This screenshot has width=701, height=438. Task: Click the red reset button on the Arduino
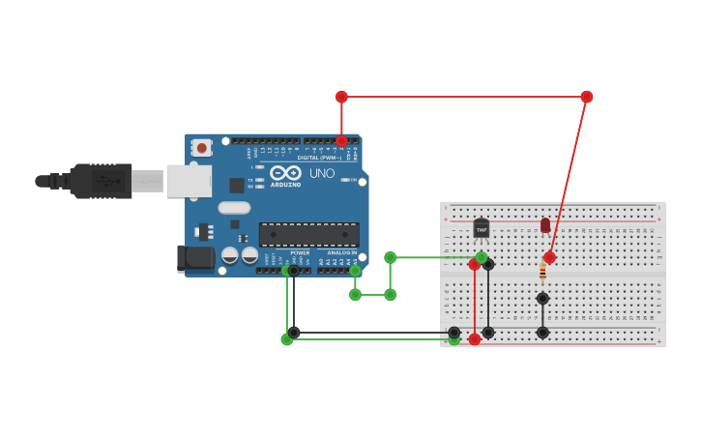tap(201, 148)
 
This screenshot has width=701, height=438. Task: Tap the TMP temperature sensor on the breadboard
tap(482, 229)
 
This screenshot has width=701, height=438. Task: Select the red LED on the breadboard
tap(545, 225)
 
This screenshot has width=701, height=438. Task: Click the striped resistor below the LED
tap(542, 273)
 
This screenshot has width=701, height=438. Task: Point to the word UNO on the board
tap(322, 173)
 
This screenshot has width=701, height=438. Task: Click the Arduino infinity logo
tap(285, 172)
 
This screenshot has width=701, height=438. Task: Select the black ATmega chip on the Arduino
tap(308, 234)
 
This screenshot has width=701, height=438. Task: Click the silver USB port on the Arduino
tap(189, 181)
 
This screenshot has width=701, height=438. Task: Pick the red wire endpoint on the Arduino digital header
tap(341, 141)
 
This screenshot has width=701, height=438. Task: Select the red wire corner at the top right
tap(587, 97)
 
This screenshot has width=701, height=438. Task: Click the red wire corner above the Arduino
tap(341, 97)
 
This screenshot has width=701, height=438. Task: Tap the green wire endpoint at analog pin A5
tap(356, 271)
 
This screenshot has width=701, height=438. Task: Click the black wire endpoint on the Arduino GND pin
tap(294, 271)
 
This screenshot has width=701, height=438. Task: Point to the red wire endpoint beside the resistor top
tap(549, 257)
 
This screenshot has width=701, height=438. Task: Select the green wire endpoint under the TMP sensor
tap(482, 257)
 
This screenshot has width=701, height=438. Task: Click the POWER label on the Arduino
tap(300, 252)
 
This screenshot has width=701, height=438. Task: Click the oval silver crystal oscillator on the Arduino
tap(234, 207)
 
